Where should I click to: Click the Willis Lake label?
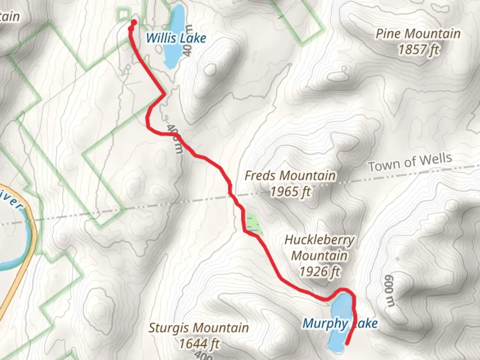(x=176, y=38)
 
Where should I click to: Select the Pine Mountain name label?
(x=418, y=34)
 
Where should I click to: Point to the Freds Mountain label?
(x=290, y=175)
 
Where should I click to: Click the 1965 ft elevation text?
(x=290, y=192)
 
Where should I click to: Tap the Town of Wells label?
(x=410, y=162)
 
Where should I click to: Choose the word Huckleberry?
(x=319, y=240)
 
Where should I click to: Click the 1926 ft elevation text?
(x=319, y=272)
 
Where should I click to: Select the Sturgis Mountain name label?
(x=199, y=327)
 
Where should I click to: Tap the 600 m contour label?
(x=389, y=291)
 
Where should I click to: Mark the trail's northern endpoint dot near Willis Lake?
(x=134, y=23)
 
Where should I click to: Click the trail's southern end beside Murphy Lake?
(x=347, y=344)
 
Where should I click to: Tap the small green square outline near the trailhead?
(x=123, y=14)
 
